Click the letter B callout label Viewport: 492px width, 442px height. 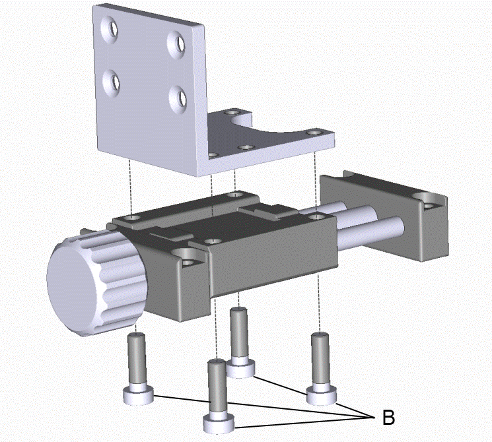click(388, 417)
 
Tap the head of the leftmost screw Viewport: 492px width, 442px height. click(139, 396)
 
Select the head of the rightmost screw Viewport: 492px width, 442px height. click(322, 396)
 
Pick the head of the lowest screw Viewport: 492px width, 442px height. click(219, 423)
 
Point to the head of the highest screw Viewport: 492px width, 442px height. click(240, 368)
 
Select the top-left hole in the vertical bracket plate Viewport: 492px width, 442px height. click(110, 29)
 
